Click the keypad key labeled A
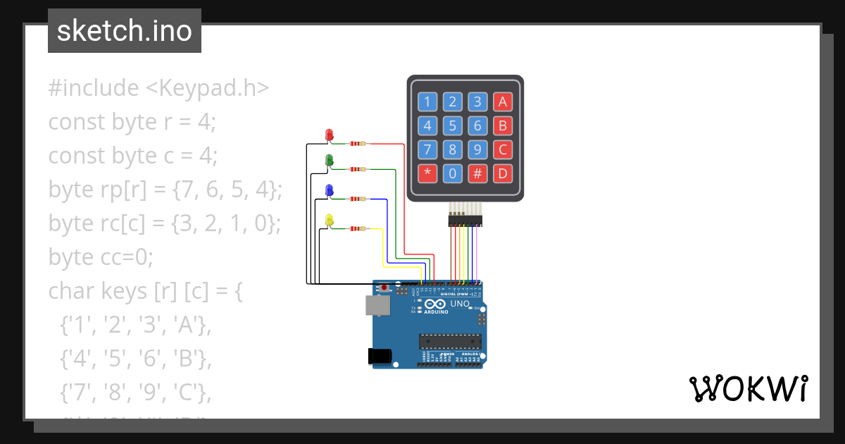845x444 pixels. [x=502, y=102]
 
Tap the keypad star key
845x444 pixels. [x=427, y=173]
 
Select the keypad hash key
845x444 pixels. [x=477, y=173]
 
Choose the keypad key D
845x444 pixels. [x=502, y=173]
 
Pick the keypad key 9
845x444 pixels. [x=477, y=149]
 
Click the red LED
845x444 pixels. [x=329, y=135]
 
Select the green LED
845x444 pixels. [x=329, y=161]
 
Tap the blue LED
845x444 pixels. [x=329, y=190]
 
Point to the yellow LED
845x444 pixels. [x=329, y=221]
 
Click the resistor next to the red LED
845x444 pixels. [x=358, y=144]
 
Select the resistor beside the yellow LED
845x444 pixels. [x=358, y=228]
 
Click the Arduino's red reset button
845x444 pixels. [x=384, y=288]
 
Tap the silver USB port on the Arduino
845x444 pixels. [x=377, y=305]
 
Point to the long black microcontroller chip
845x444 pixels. [x=451, y=342]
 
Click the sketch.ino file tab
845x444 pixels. [x=125, y=31]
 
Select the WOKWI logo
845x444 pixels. [x=748, y=388]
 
